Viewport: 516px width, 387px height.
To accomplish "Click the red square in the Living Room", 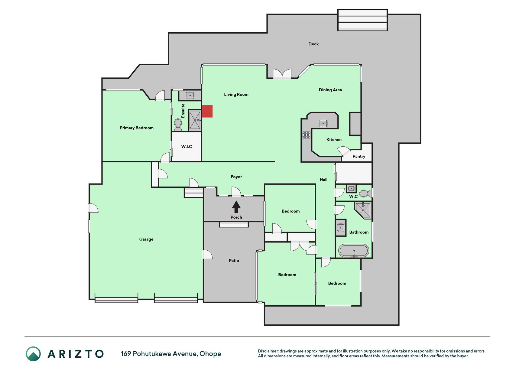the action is [207, 111].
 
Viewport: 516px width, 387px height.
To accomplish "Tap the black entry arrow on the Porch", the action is [236, 207].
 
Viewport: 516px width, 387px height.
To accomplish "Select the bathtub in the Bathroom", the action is [354, 251].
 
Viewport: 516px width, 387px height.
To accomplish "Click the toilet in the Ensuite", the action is [178, 124].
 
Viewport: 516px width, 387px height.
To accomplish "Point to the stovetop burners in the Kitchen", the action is [307, 135].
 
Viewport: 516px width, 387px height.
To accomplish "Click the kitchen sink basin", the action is [323, 123].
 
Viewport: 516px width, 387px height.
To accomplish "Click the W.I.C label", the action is [187, 147].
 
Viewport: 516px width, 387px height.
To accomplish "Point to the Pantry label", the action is [359, 156].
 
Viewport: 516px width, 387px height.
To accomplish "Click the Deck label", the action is [313, 44].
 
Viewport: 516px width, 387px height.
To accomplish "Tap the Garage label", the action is [146, 239].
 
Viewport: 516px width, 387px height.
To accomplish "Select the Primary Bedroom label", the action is [137, 128].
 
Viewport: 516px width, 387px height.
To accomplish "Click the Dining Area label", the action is [330, 90].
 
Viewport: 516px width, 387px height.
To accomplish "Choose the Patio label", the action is [234, 261].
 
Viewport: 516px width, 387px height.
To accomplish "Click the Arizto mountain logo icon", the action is [33, 354].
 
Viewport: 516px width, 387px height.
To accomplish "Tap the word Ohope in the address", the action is [210, 354].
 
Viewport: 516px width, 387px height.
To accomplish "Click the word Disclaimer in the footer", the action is [268, 351].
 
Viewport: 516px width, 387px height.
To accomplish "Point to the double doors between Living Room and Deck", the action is [282, 74].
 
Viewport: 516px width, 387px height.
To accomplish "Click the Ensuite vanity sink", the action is [190, 96].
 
